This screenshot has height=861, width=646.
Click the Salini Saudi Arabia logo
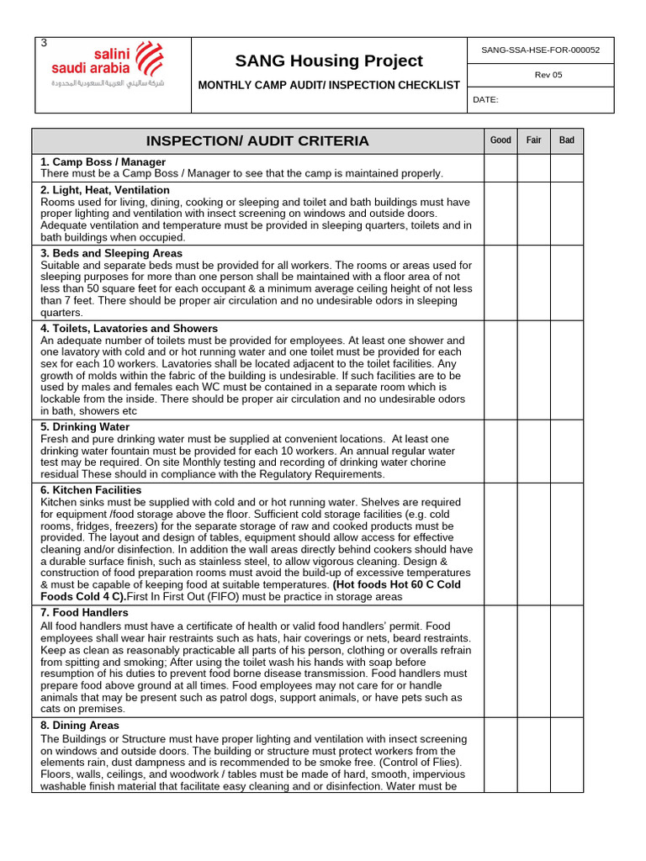pyautogui.click(x=108, y=66)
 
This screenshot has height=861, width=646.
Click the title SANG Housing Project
pyautogui.click(x=328, y=61)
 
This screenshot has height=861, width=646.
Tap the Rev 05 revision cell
pyautogui.click(x=548, y=75)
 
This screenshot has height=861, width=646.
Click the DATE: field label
pyautogui.click(x=486, y=99)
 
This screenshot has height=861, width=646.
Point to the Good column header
pyautogui.click(x=500, y=140)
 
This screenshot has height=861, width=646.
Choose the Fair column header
pyautogui.click(x=533, y=140)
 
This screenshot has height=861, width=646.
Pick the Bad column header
pyautogui.click(x=567, y=140)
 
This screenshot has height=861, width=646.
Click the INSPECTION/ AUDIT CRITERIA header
pyautogui.click(x=257, y=140)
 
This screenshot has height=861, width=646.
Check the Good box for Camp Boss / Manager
pyautogui.click(x=500, y=168)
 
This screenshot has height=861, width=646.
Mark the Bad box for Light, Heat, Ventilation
pyautogui.click(x=567, y=214)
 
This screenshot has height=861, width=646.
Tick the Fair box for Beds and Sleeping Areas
pyautogui.click(x=533, y=283)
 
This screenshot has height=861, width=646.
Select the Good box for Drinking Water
pyautogui.click(x=500, y=451)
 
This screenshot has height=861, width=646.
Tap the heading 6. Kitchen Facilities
pyautogui.click(x=91, y=489)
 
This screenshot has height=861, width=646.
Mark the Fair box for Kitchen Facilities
pyautogui.click(x=533, y=543)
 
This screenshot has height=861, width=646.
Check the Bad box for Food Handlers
pyautogui.click(x=567, y=661)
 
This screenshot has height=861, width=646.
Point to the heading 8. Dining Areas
pyautogui.click(x=80, y=725)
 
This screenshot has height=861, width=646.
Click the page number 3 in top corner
pyautogui.click(x=44, y=43)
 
